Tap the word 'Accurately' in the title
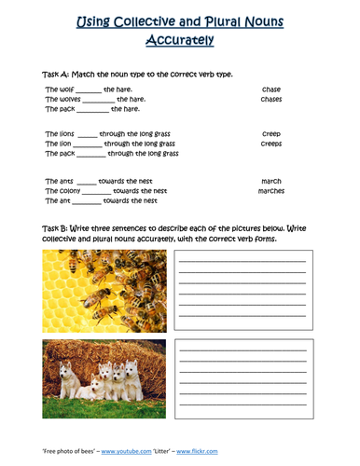click(180, 40)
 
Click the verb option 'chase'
click(270, 89)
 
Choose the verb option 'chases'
click(271, 99)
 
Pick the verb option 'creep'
click(270, 134)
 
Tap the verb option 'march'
click(270, 180)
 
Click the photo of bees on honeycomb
click(104, 290)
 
